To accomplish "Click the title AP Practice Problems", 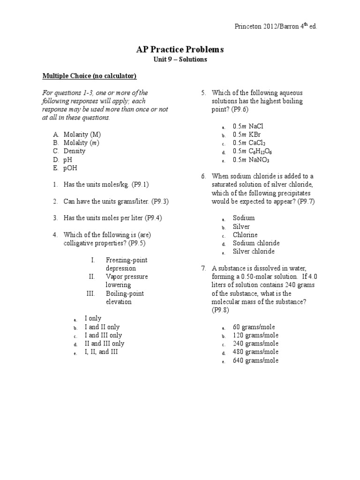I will click(x=180, y=49).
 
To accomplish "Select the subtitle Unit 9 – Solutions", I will click(x=180, y=60).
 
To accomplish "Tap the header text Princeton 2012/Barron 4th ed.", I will click(x=276, y=26).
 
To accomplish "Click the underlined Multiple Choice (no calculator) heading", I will click(x=90, y=76).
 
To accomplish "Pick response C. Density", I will click(x=69, y=151).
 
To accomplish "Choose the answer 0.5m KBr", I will click(x=247, y=135).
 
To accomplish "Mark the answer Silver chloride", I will click(x=254, y=252).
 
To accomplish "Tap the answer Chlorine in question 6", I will click(x=245, y=235).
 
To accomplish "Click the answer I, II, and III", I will click(x=101, y=352).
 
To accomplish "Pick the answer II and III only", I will click(x=104, y=344).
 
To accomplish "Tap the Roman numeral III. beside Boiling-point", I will click(x=91, y=293).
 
